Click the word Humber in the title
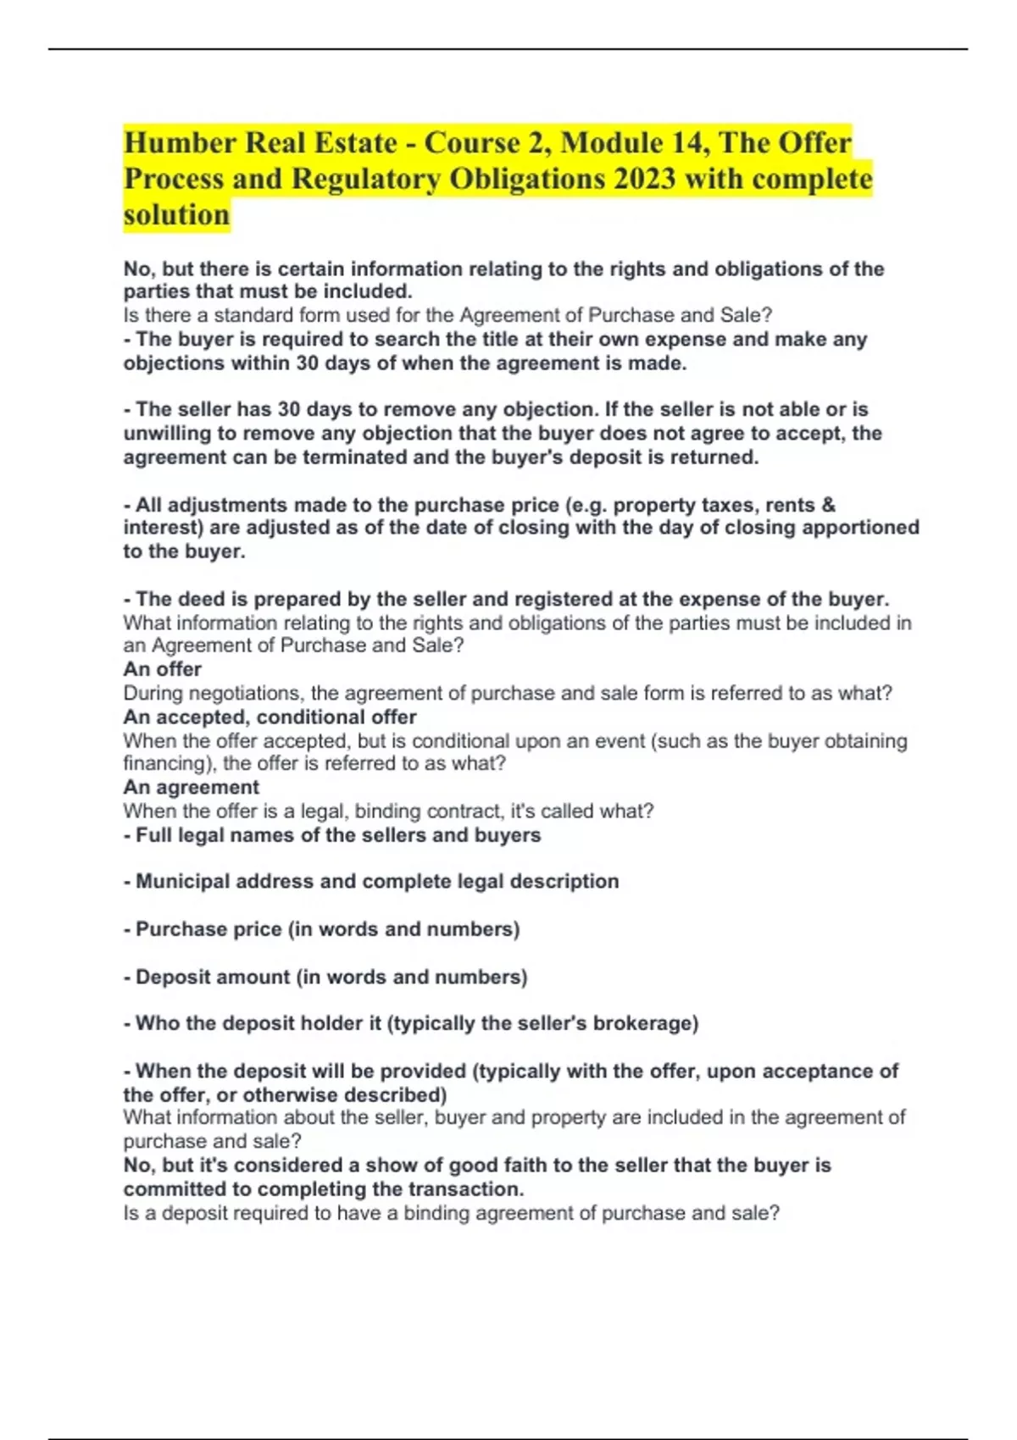coord(180,142)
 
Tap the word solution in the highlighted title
coord(176,215)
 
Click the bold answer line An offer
coord(163,669)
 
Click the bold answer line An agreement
coord(192,787)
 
